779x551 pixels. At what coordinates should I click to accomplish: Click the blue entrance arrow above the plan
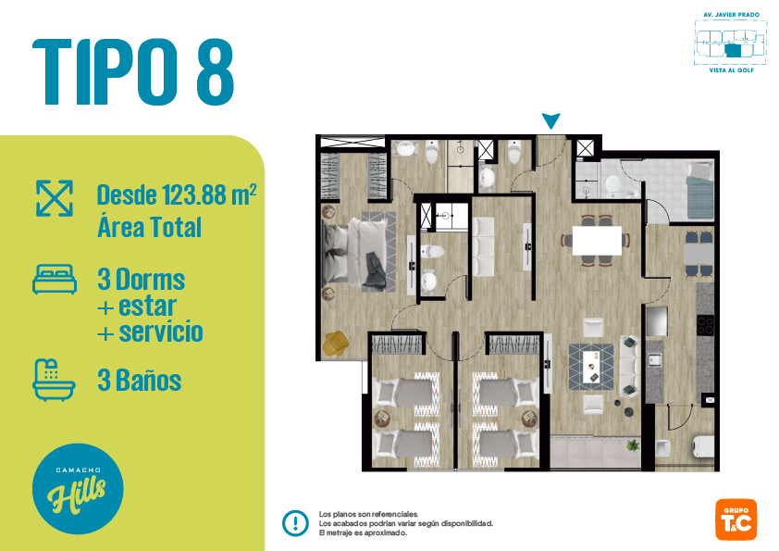point(551,120)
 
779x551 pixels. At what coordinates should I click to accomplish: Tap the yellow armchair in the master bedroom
point(335,344)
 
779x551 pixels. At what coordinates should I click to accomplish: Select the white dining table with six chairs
point(597,241)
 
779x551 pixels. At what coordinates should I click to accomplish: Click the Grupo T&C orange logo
point(736,520)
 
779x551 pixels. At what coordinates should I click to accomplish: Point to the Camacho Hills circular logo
point(78,489)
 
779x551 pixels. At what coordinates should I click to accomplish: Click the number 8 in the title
point(216,72)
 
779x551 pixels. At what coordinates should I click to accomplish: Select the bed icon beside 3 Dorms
point(55,279)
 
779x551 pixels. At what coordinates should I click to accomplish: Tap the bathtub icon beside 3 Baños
point(55,380)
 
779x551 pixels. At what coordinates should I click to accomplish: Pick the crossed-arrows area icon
point(55,198)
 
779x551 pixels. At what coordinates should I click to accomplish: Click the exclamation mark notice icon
point(296,523)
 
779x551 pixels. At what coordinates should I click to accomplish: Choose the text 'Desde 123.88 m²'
point(177,194)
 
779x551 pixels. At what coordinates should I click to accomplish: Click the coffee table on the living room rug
point(591,367)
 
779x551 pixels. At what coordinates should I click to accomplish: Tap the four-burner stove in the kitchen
point(705,325)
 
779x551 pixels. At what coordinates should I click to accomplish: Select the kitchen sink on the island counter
point(655,359)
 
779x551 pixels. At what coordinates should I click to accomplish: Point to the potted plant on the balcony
point(633,445)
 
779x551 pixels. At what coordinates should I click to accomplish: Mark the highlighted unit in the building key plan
point(733,51)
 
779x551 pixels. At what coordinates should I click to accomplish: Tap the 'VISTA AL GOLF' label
point(731,70)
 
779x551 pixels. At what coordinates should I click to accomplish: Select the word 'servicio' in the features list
point(161,332)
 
